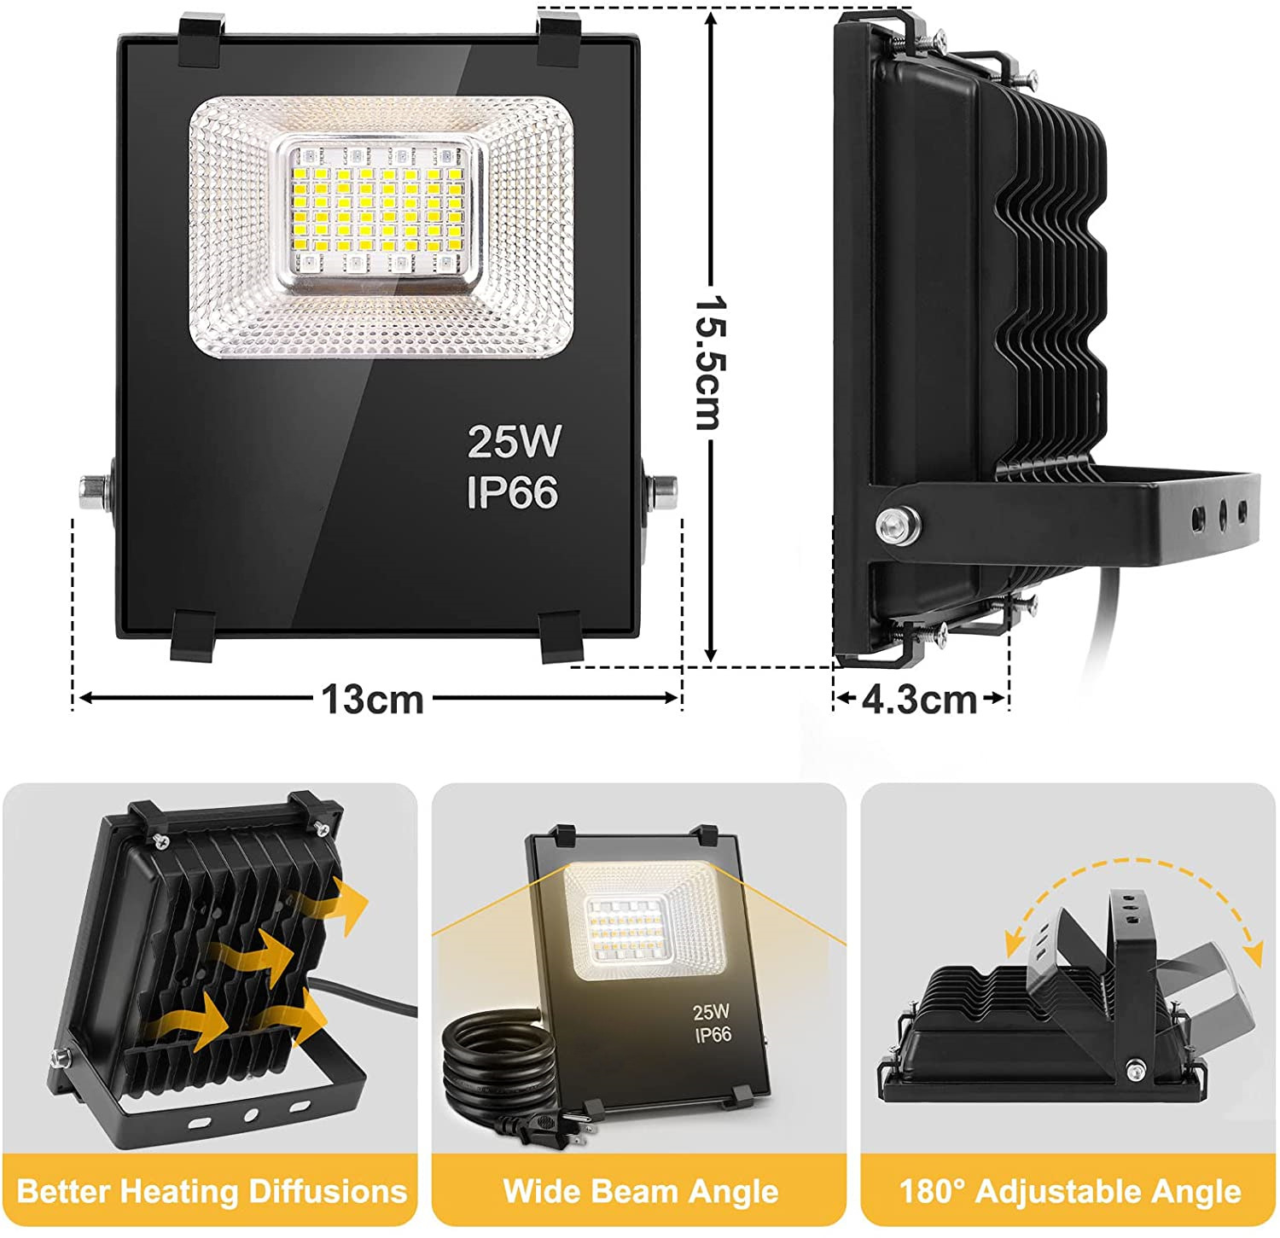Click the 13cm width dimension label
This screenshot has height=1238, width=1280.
[372, 700]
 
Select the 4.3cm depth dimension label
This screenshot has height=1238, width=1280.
[919, 700]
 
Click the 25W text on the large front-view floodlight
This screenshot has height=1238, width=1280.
[514, 441]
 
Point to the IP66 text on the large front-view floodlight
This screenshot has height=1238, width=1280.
[512, 492]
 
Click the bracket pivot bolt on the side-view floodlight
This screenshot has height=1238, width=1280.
[897, 523]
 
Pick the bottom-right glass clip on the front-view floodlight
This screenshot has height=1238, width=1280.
[561, 637]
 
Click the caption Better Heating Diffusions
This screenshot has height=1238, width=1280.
[211, 1191]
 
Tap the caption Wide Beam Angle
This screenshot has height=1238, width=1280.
[640, 1191]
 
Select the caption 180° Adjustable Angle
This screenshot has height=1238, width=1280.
[1069, 1191]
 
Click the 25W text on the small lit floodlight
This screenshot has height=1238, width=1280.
[710, 1012]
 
